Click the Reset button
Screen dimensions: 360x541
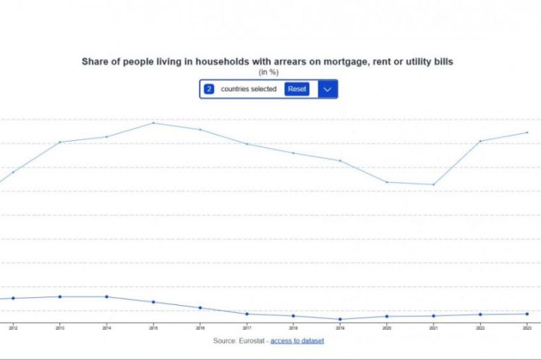tap(297, 89)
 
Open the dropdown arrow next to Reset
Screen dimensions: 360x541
tap(328, 89)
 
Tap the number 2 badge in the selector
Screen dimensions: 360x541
tap(208, 89)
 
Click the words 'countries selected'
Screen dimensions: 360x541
tap(249, 89)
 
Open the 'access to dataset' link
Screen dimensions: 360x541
tap(297, 340)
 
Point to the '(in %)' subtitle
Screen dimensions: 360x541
tap(268, 72)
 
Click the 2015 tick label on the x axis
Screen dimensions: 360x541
tap(153, 327)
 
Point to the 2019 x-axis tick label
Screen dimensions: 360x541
tap(340, 327)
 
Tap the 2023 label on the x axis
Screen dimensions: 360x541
tap(527, 327)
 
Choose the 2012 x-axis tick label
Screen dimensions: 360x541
tap(13, 327)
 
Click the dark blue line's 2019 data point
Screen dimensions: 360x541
tap(340, 319)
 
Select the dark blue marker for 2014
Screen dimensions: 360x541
tap(107, 296)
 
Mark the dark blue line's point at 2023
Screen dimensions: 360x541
tap(527, 314)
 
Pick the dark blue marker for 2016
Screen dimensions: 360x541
tap(200, 308)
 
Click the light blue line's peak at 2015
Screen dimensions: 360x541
tap(153, 123)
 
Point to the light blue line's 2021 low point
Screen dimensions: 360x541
tap(433, 184)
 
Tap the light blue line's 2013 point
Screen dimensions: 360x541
tap(60, 142)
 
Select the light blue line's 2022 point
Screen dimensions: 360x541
tap(480, 141)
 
